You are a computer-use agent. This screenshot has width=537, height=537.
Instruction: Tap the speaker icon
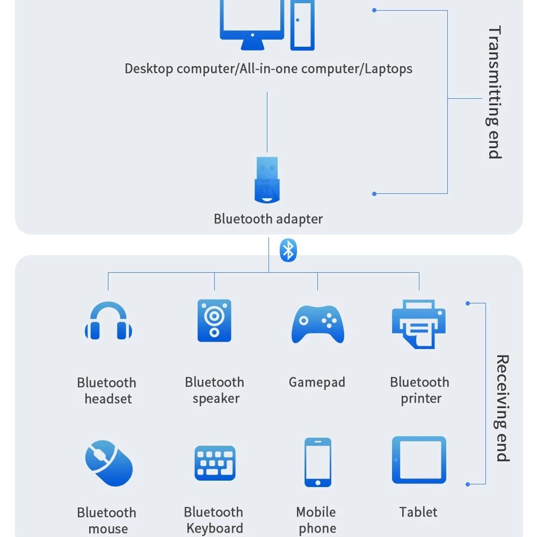(x=214, y=321)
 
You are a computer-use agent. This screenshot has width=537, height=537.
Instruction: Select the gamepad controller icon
(x=317, y=324)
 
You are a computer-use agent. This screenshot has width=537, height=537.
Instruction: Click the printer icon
(x=419, y=324)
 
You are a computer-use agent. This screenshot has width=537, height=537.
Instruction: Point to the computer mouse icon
(x=109, y=463)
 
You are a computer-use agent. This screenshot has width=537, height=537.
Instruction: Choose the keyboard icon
(x=215, y=463)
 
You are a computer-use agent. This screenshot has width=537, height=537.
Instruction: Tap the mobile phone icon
(x=317, y=462)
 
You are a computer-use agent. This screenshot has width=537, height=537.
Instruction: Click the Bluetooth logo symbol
(x=288, y=250)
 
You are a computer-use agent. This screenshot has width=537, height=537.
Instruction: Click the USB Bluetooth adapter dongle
(x=267, y=180)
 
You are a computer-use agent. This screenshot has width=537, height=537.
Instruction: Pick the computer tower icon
(x=302, y=24)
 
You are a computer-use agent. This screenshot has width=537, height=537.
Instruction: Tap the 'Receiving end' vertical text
(x=502, y=408)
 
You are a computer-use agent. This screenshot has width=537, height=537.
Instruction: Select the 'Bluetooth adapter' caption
(x=268, y=219)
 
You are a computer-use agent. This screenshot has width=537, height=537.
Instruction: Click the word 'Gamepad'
(x=317, y=382)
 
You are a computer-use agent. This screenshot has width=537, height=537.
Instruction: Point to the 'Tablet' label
(x=418, y=512)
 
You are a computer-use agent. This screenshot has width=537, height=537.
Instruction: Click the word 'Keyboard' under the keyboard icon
(x=215, y=528)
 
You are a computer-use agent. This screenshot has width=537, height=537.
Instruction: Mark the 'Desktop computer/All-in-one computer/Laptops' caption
(x=268, y=69)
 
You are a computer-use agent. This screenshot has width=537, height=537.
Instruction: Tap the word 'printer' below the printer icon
(x=420, y=399)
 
